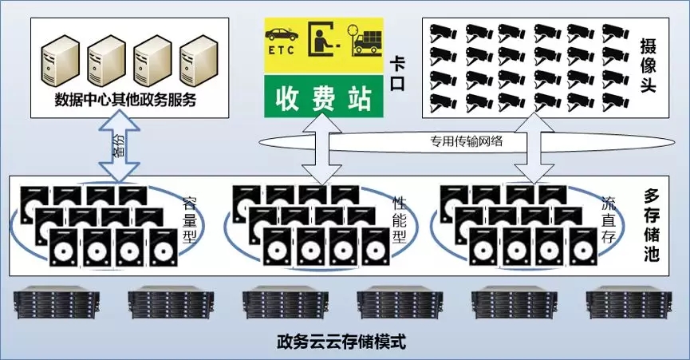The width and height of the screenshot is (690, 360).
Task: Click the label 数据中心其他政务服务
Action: (x=125, y=101)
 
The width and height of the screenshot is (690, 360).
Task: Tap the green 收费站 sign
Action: (x=325, y=99)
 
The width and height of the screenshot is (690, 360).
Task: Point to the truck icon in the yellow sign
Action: (x=368, y=41)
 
